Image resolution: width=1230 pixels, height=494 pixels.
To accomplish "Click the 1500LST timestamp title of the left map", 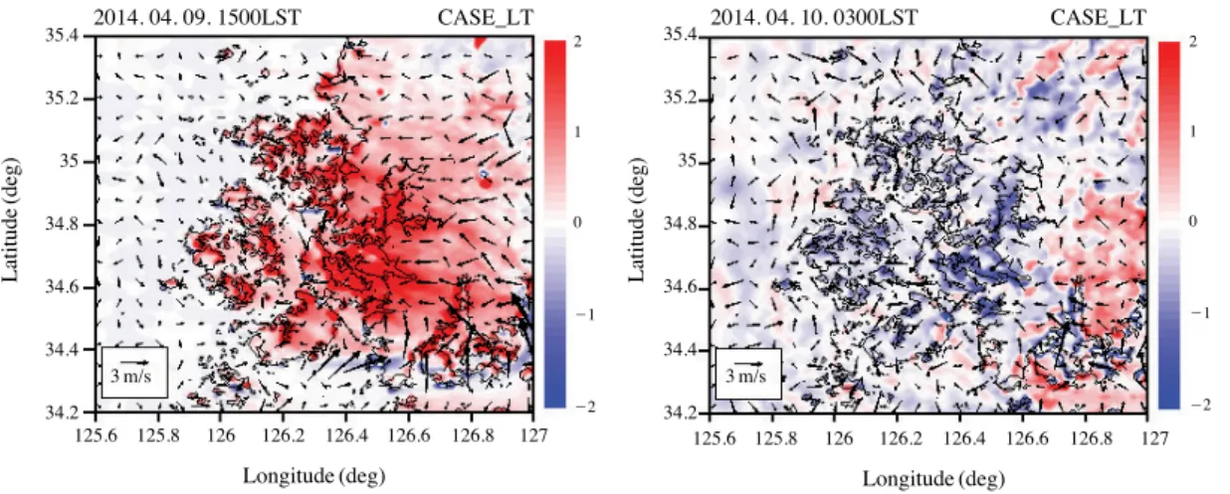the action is point(197,17).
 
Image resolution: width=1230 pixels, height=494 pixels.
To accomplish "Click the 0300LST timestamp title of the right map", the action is point(814,17).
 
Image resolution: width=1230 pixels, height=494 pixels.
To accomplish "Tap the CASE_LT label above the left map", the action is point(486,18).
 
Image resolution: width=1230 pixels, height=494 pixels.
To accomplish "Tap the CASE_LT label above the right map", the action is point(1099,18).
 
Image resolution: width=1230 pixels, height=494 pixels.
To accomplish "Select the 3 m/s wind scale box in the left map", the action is point(134,373).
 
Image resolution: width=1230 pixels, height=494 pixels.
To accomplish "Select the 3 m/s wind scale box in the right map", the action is point(748,374).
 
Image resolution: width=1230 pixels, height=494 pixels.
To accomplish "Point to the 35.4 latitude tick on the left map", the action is point(62,35).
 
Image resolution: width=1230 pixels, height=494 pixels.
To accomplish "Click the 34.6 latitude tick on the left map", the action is point(62,286).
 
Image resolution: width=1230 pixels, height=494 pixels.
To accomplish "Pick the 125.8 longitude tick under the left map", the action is point(158,436).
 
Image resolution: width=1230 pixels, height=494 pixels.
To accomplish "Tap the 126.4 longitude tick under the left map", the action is point(346,436).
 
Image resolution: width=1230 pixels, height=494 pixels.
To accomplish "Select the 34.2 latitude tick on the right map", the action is point(680,412).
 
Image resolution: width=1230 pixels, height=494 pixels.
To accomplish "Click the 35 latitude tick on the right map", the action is point(688,161).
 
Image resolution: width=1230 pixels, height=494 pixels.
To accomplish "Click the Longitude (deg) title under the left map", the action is point(314,476).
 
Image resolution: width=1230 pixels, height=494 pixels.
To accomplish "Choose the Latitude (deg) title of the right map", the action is point(636,221).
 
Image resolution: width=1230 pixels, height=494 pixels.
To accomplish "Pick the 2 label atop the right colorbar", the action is point(1192,41).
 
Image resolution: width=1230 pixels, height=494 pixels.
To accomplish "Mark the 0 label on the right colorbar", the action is point(1192,221).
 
